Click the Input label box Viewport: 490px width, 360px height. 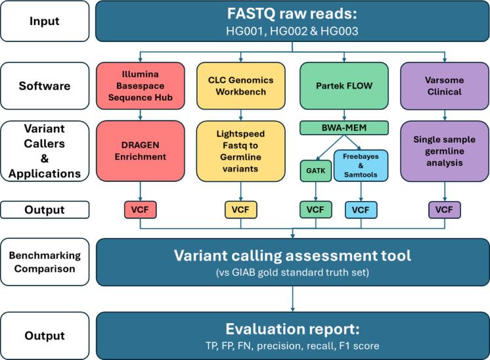point(45,20)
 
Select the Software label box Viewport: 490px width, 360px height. point(45,85)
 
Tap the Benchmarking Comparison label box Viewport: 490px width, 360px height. point(45,261)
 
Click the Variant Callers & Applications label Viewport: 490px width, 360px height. point(45,152)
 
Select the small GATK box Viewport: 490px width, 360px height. point(316,169)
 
